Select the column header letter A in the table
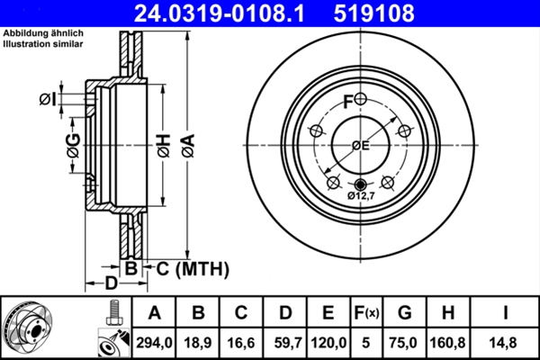point(155,314)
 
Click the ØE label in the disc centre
point(360,145)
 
